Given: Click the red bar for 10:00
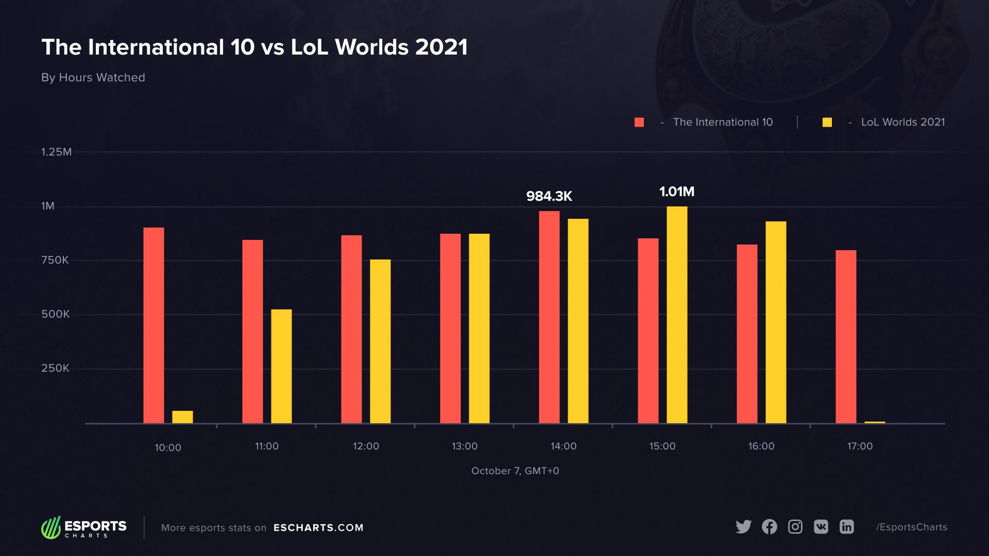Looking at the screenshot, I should coord(154,325).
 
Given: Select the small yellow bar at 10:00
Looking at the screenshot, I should coord(182,417).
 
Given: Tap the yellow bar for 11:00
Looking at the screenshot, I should coord(281,366).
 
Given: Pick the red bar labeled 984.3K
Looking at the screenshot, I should coord(549,317).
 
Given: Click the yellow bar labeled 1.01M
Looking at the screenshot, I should coord(677,315).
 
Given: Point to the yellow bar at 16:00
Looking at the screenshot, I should coord(776,322).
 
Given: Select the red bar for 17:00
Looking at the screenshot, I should coord(846,337).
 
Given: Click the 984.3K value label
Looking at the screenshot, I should coord(549,196).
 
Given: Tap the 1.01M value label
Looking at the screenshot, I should coord(677,192).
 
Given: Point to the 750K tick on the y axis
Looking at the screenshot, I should coord(55,260).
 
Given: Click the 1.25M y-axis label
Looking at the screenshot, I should coord(57,152).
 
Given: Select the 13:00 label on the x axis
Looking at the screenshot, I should coord(465,446).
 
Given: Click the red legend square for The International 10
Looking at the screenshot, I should coord(639,122).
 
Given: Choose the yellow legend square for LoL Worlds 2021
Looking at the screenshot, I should coord(827,122).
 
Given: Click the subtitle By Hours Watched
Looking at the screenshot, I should coord(93,77).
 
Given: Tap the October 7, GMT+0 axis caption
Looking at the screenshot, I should coord(515,471).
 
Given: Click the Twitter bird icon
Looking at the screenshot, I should coord(743,527).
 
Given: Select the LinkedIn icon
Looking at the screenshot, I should coord(847,527).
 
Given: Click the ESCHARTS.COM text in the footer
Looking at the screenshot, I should coord(318,528).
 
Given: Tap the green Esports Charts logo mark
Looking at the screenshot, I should coord(51,528).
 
